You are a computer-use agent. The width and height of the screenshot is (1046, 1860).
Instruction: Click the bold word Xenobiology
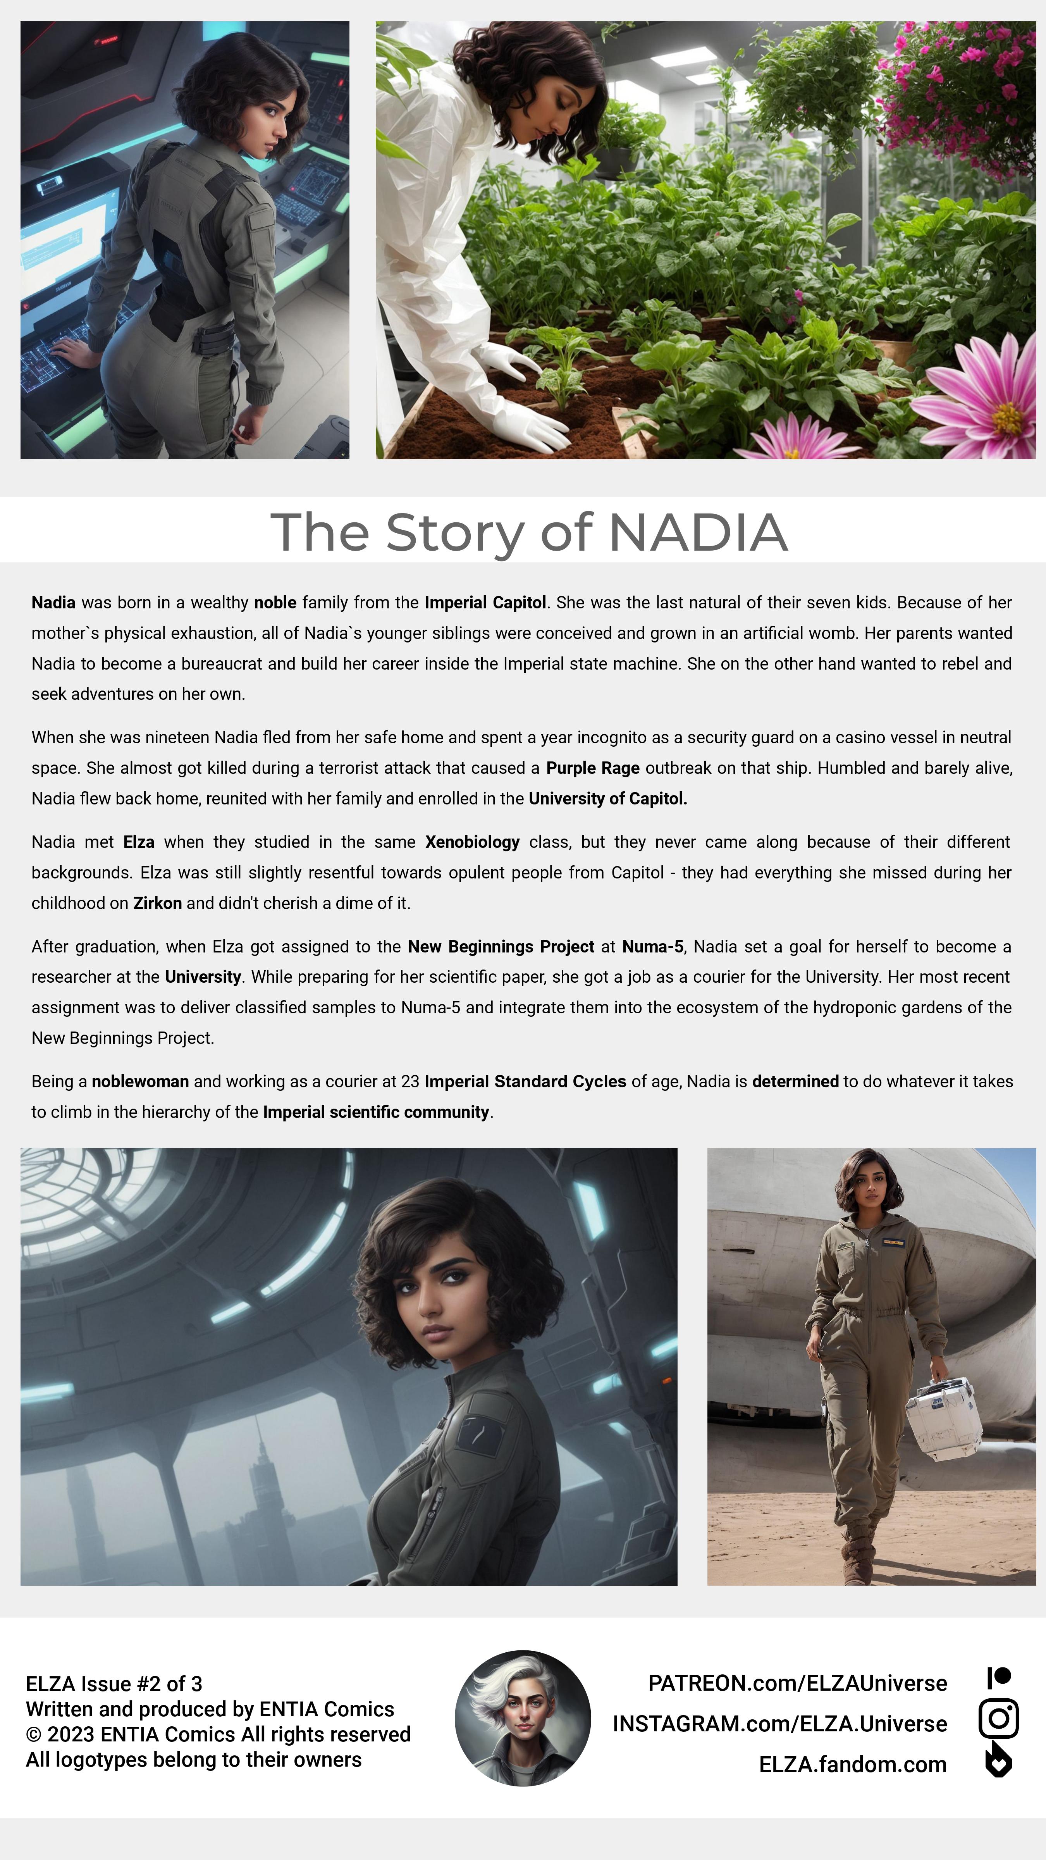[472, 842]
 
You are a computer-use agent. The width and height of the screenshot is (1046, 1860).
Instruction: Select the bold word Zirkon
[157, 903]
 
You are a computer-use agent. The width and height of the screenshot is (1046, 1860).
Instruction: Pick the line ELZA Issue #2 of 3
[114, 1684]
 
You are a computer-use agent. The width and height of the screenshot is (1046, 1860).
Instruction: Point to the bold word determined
[795, 1082]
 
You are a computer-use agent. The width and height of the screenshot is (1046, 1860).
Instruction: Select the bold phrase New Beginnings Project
[501, 947]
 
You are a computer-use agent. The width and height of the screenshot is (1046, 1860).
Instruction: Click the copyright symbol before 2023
[33, 1734]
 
